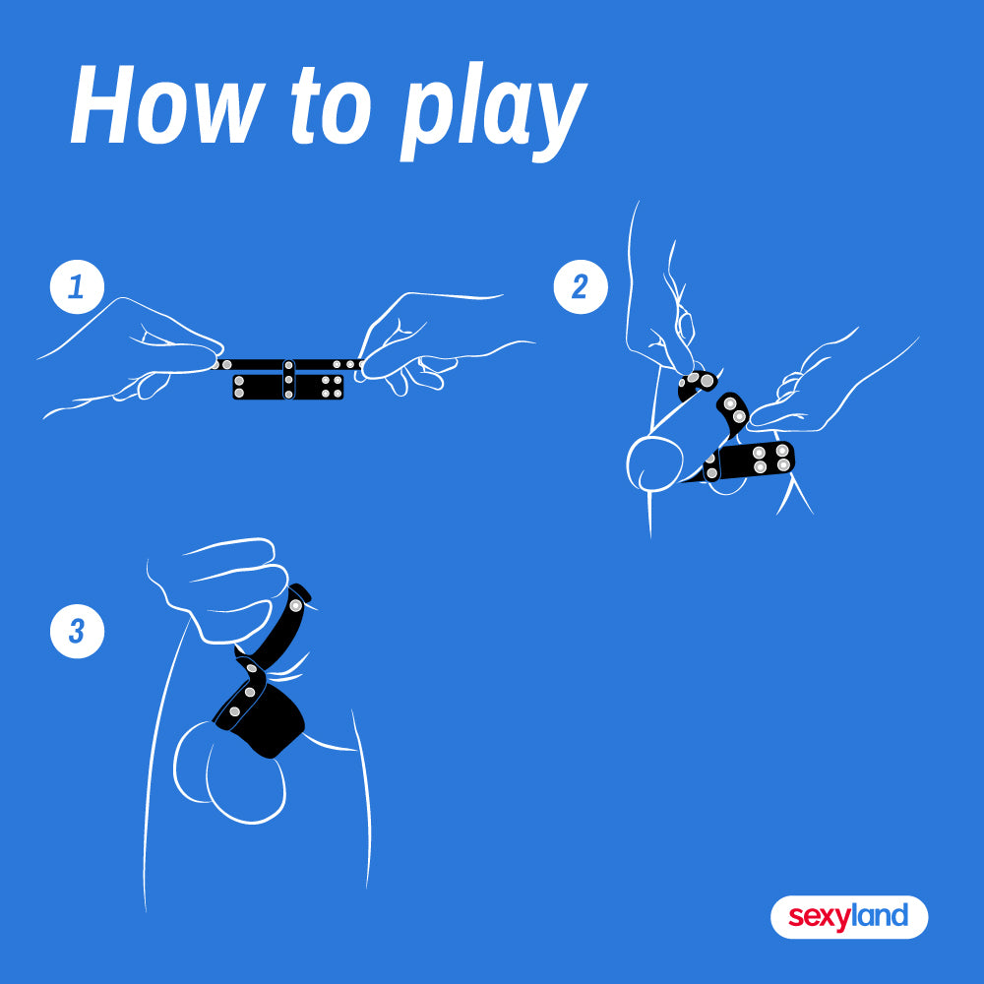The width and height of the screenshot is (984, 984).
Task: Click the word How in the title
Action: pos(166,104)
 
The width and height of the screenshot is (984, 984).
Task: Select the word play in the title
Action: pos(493,113)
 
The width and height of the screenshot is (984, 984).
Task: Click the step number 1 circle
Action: pos(77,286)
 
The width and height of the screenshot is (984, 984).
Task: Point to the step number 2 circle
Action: pos(581,286)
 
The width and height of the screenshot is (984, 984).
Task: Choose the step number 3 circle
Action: pos(77,632)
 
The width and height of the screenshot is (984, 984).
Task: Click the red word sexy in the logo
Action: pos(820,917)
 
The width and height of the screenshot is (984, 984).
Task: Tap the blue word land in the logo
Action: pos(880,915)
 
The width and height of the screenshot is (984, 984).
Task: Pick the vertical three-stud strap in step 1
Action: pos(288,379)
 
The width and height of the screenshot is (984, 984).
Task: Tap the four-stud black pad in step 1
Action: pos(319,387)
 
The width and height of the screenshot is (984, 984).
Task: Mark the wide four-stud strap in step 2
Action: pos(750,461)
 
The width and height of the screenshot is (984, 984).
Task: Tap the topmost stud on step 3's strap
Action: pos(295,605)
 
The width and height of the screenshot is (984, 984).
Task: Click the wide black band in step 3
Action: pos(261,718)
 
